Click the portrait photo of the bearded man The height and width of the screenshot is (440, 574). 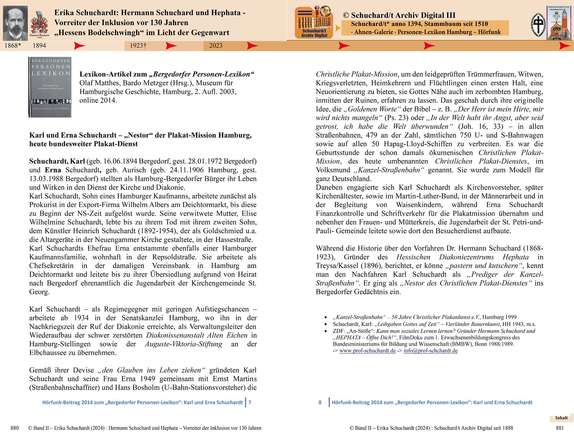[x=15, y=23]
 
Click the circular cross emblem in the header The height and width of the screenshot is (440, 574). [x=538, y=25]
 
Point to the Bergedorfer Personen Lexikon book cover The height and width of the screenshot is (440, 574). [x=50, y=87]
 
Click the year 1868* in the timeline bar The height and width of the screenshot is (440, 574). [x=13, y=46]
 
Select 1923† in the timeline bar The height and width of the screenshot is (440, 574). [x=138, y=46]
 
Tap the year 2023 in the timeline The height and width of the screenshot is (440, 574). [x=216, y=46]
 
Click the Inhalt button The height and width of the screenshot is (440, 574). [x=561, y=418]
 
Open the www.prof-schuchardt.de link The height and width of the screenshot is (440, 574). [x=367, y=351]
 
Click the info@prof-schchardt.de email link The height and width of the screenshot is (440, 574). [x=430, y=351]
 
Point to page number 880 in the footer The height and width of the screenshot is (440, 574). [x=15, y=428]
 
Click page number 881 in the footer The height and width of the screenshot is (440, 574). [x=560, y=428]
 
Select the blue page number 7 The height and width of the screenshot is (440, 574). [x=250, y=402]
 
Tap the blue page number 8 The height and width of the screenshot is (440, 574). [x=320, y=402]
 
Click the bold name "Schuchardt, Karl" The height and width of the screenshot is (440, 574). [x=57, y=161]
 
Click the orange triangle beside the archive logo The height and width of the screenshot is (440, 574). [x=338, y=28]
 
